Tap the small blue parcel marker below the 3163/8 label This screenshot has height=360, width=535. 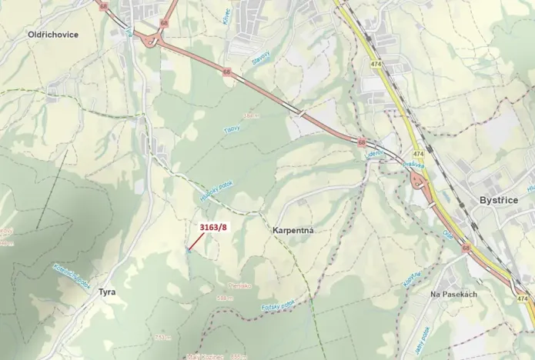[189, 248]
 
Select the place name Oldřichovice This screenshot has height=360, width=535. [52, 35]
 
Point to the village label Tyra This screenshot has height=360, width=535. [106, 292]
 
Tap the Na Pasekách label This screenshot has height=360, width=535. [454, 295]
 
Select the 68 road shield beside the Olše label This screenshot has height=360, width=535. [466, 248]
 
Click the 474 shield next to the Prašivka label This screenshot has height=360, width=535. [418, 154]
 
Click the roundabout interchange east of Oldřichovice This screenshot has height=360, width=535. [146, 40]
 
